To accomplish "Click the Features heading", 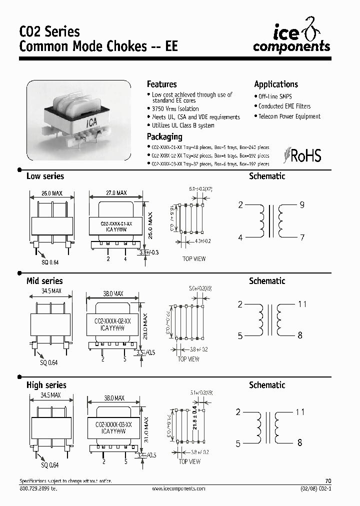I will click(x=161, y=84).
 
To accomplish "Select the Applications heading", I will click(x=276, y=84).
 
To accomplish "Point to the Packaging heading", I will click(x=164, y=137).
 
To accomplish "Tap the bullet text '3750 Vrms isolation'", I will click(x=175, y=108).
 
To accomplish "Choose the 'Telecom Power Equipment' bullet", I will click(x=289, y=116).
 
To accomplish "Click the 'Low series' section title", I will click(x=45, y=176).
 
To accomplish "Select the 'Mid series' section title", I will click(x=44, y=281).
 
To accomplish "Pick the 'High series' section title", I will click(x=46, y=385).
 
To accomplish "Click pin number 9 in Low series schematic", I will click(x=302, y=204).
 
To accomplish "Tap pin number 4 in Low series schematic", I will click(x=240, y=237).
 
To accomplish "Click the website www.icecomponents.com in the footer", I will click(x=178, y=488).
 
